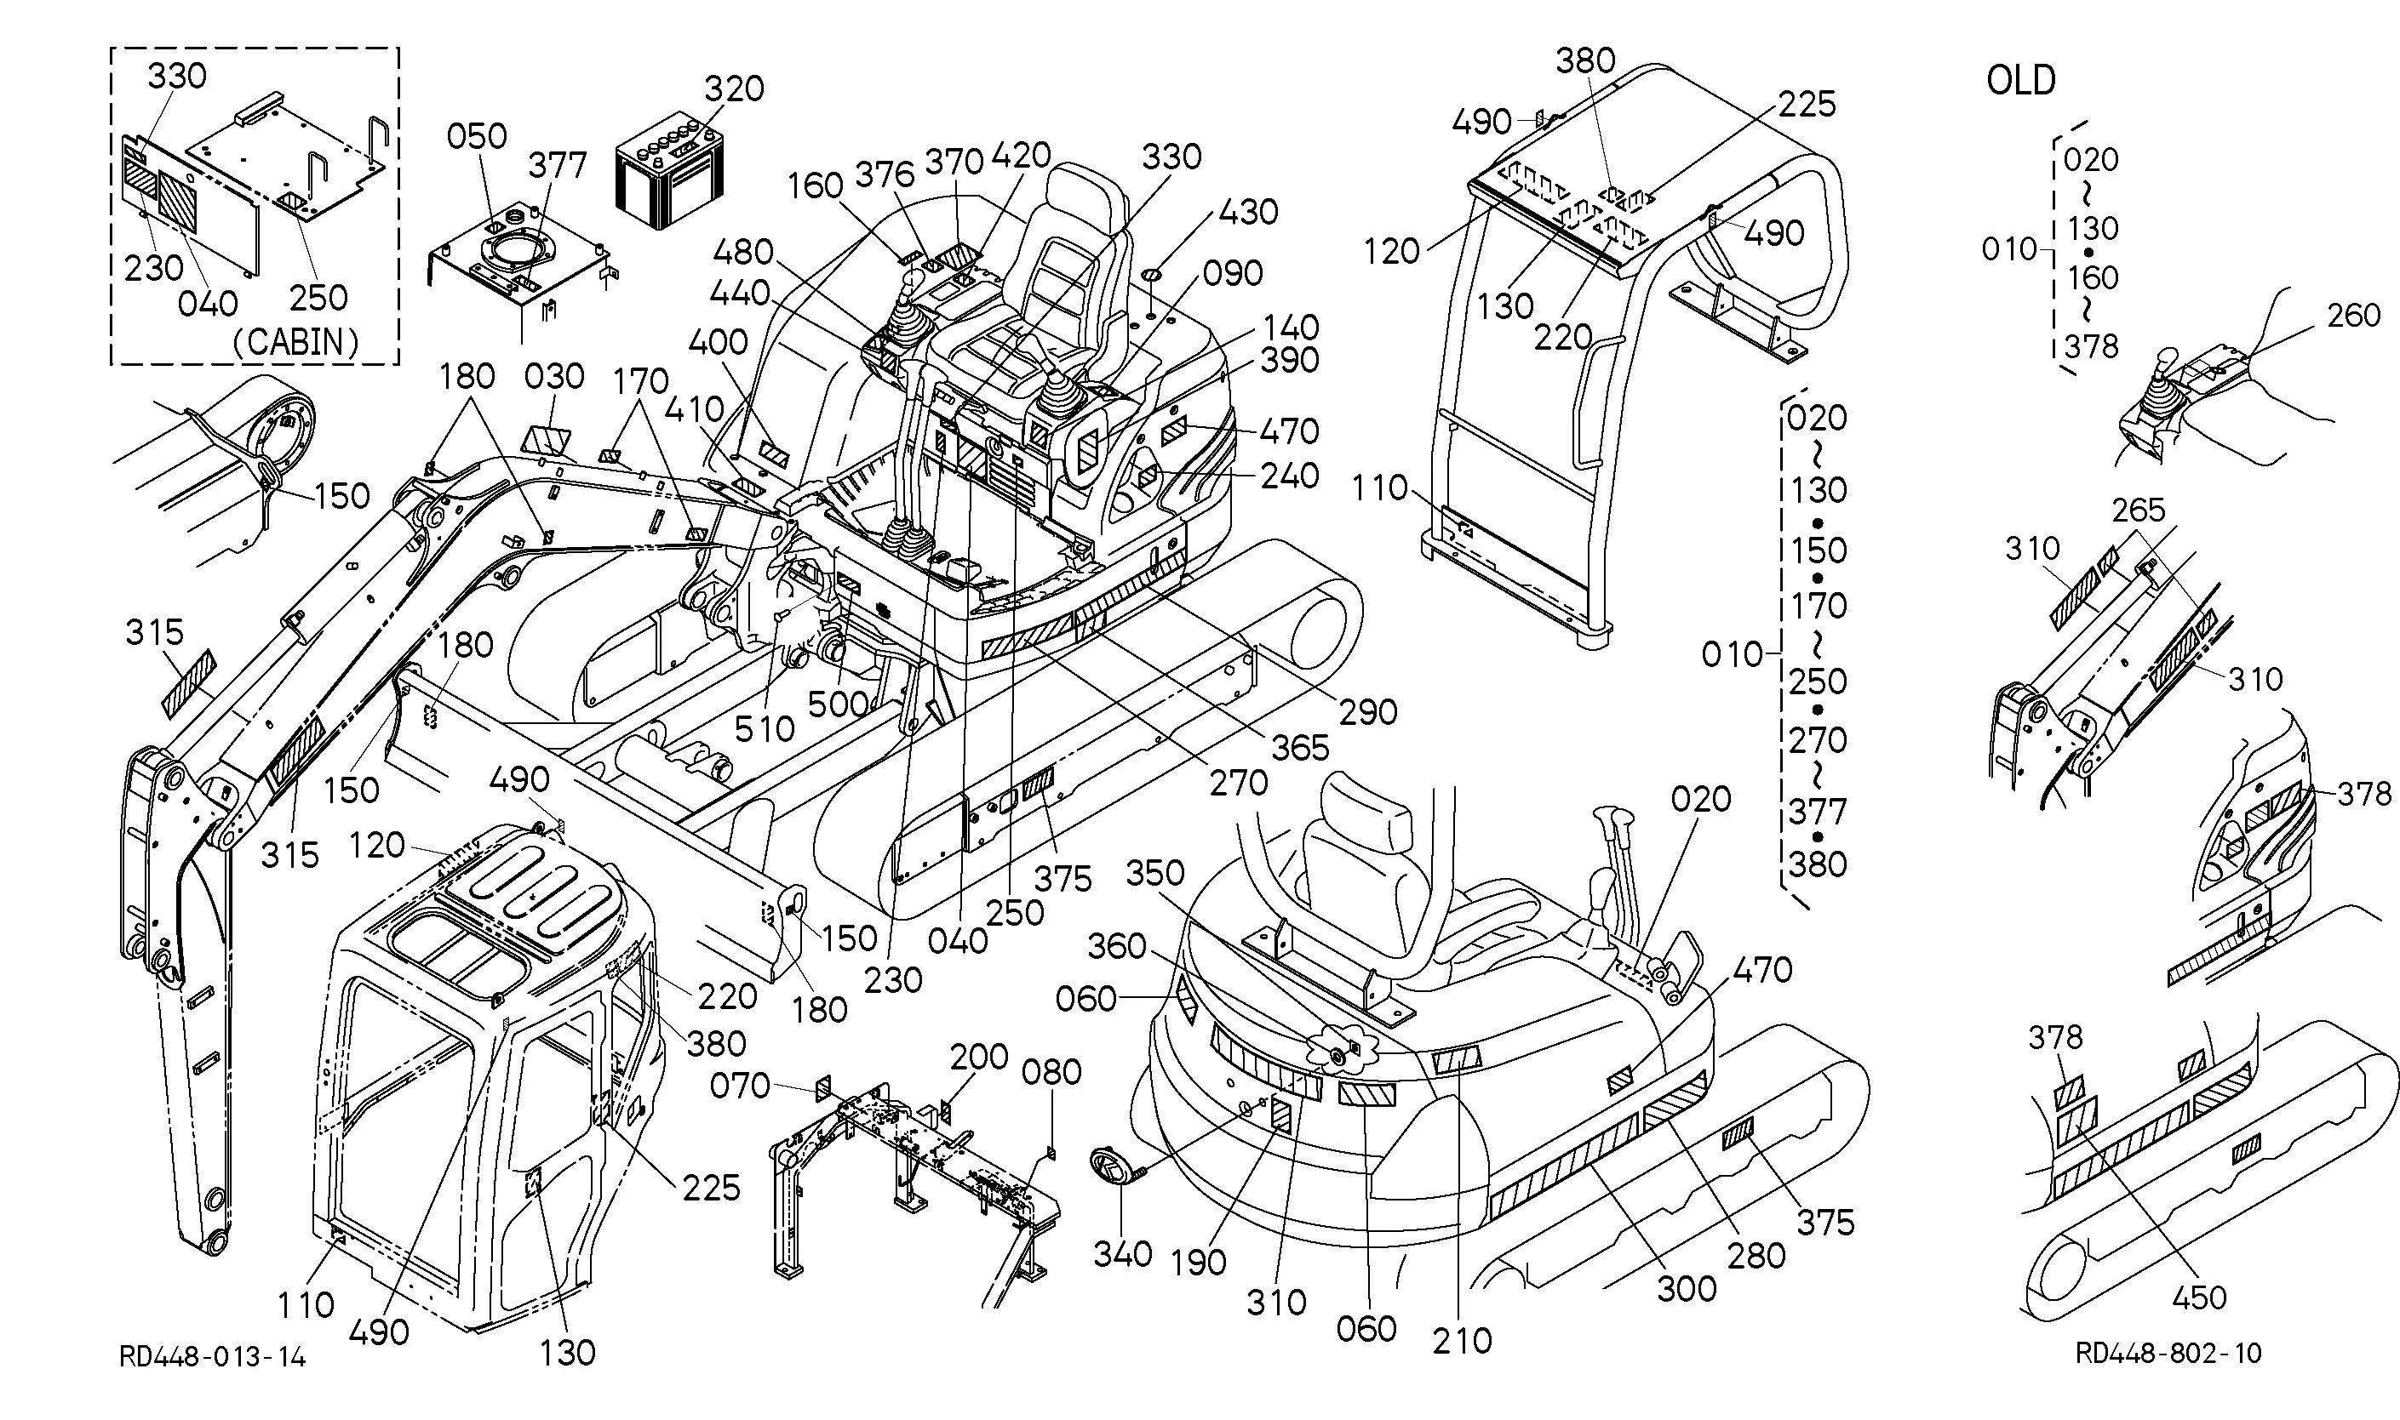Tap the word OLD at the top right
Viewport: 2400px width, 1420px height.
[2021, 80]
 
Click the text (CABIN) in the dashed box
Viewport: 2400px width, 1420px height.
[295, 342]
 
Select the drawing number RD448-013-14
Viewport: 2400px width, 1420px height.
[213, 1356]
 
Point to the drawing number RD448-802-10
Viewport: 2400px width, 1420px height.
[2168, 1352]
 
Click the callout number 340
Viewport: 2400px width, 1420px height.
[1122, 1253]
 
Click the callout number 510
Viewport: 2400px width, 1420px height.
[764, 729]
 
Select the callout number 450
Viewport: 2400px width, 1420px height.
[2200, 1297]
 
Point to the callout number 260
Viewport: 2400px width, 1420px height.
[2353, 315]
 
